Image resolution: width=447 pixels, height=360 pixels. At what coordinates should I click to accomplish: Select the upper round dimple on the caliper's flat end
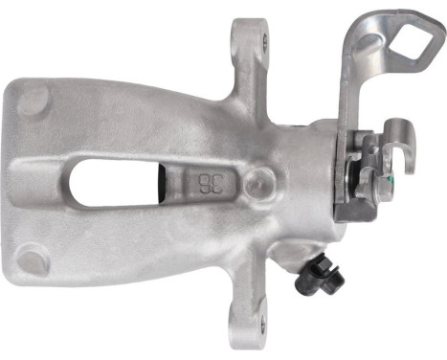click(x=37, y=98)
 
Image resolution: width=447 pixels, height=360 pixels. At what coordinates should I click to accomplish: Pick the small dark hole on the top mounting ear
click(x=243, y=37)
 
